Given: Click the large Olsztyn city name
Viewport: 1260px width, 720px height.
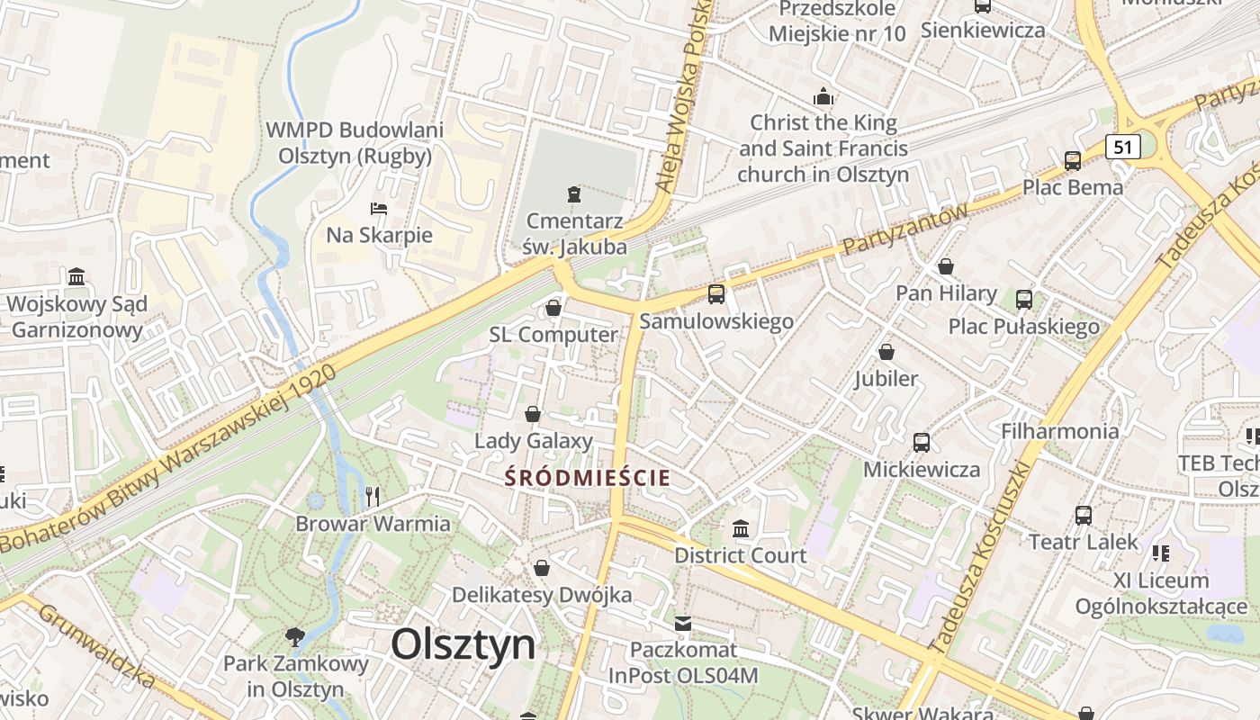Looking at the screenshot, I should [x=463, y=644].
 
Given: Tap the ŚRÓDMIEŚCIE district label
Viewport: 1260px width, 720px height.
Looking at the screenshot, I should [x=588, y=477].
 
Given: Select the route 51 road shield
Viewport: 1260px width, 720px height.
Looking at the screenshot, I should [x=1122, y=146].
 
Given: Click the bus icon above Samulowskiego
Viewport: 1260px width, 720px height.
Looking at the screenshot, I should [x=716, y=293].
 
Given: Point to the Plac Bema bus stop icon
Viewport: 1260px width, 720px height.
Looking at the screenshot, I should [x=1072, y=161].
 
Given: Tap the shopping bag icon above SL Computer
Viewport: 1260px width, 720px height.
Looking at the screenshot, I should [x=553, y=309].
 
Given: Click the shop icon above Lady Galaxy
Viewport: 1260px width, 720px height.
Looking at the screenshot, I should [x=533, y=414].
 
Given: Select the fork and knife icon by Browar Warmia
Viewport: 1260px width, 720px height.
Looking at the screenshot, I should [x=373, y=496].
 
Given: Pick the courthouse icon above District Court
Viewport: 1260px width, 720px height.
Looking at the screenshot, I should [x=741, y=528].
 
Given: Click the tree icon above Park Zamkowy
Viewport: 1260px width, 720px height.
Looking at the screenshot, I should [x=294, y=637].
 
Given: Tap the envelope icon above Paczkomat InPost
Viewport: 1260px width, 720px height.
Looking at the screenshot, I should [x=683, y=623].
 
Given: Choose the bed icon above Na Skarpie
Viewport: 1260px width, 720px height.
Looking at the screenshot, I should [x=379, y=209].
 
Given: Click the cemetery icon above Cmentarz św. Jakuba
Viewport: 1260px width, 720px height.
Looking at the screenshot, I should [x=574, y=193].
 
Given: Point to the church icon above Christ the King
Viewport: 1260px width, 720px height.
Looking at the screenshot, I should [x=823, y=96].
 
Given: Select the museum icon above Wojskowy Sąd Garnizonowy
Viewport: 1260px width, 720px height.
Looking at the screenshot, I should [x=76, y=276].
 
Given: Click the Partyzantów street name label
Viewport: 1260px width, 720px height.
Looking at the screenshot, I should [x=904, y=229].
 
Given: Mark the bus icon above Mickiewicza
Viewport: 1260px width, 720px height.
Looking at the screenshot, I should [x=922, y=442].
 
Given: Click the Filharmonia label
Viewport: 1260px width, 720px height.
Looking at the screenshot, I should [x=1060, y=431].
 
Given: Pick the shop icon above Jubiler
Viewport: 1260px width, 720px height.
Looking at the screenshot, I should [x=886, y=351].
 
